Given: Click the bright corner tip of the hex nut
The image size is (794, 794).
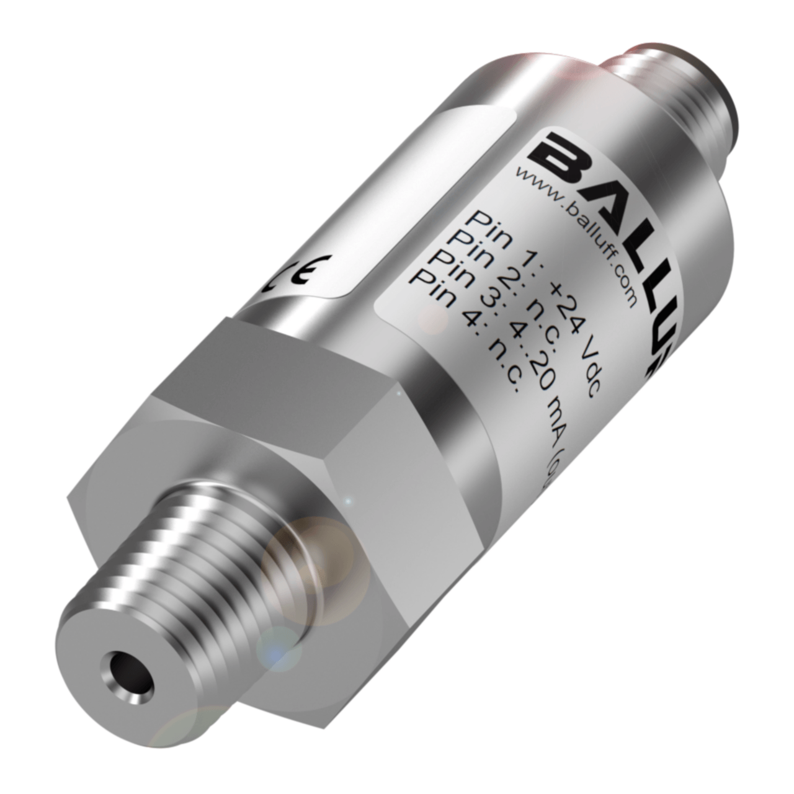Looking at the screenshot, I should [397, 391].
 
